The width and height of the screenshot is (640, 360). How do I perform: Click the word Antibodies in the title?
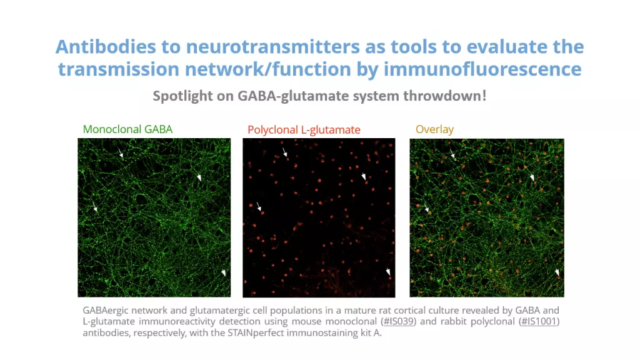tap(106, 46)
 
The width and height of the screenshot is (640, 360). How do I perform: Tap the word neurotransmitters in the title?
tap(273, 46)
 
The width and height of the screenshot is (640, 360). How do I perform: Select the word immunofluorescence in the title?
tap(482, 69)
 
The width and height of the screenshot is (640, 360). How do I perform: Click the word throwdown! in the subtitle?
tap(445, 96)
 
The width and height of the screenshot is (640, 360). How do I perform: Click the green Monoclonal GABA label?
tap(127, 129)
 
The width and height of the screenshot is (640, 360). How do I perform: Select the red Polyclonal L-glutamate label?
tap(304, 130)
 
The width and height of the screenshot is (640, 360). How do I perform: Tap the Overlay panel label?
tap(435, 129)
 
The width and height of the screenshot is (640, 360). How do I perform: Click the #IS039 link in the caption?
tap(398, 321)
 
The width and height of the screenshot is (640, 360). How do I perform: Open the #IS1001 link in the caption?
tap(539, 321)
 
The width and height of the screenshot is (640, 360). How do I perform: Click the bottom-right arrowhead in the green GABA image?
tap(224, 272)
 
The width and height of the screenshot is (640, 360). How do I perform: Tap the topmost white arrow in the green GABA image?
tap(121, 153)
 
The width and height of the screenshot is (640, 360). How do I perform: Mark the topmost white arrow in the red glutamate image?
tap(285, 152)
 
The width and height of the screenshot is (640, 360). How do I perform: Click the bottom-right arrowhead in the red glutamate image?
tap(388, 272)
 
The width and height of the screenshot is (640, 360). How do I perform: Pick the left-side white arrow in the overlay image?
tap(426, 207)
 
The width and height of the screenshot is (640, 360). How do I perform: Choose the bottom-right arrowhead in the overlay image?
tap(557, 272)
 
